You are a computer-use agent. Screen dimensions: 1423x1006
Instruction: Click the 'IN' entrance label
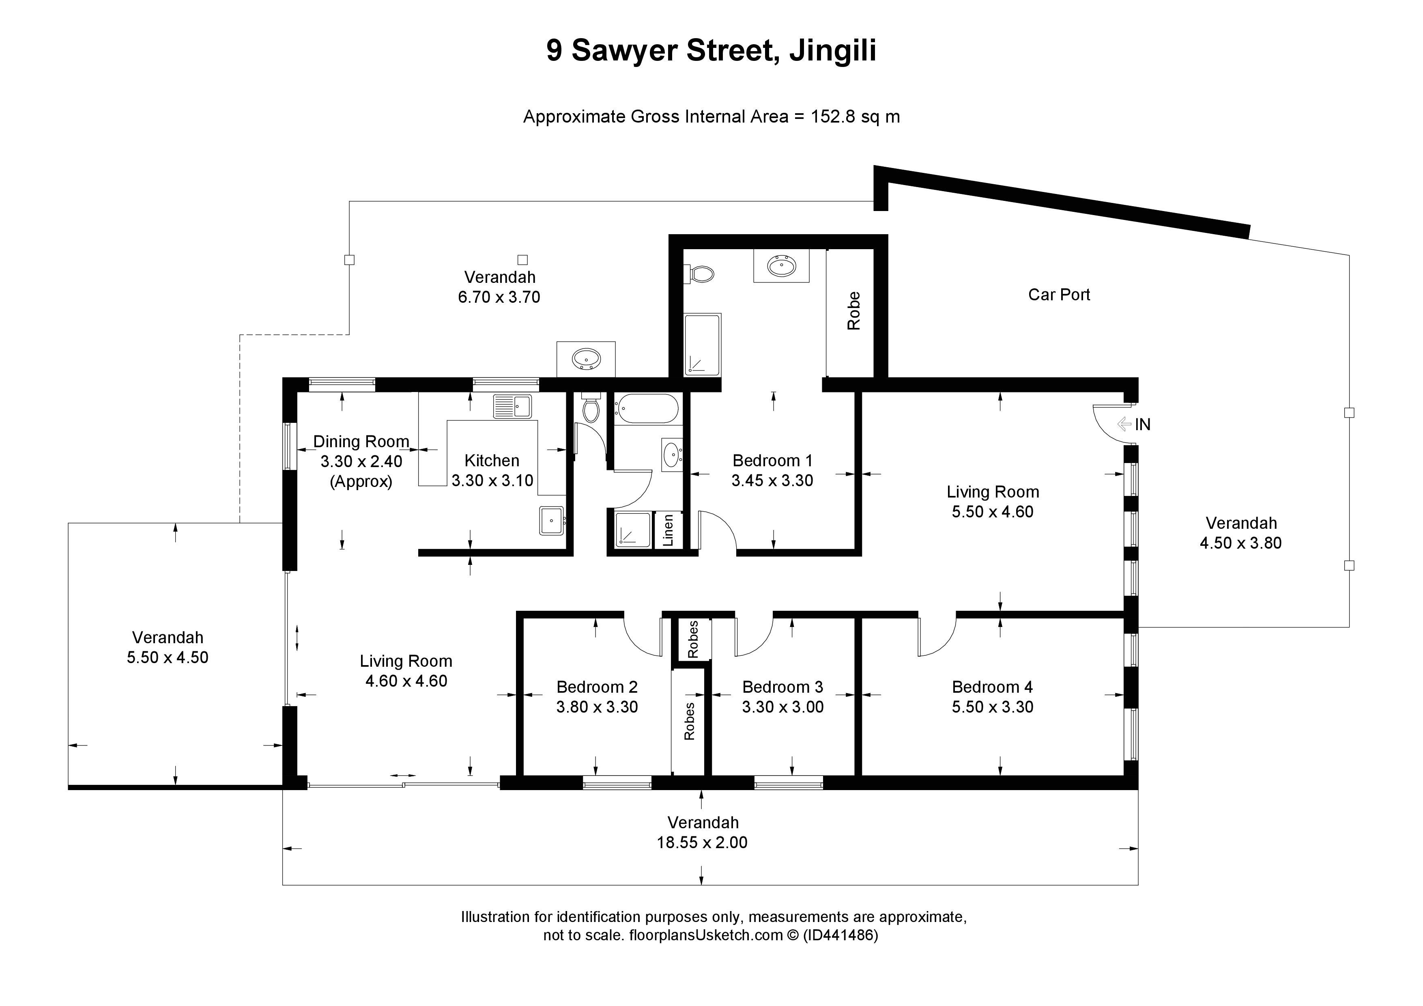coord(1143,424)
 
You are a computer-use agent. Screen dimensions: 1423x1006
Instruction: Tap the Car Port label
coord(1059,295)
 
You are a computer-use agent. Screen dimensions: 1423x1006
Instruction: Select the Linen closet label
coord(668,530)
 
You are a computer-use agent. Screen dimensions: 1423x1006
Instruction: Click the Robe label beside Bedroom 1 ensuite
coord(854,310)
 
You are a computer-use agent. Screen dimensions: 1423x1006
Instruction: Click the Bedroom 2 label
coord(597,687)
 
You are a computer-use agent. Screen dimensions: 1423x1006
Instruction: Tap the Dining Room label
coord(361,442)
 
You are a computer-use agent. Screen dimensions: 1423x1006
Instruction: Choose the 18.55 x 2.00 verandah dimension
coord(702,843)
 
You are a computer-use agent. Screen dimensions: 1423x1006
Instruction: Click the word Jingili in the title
coord(832,51)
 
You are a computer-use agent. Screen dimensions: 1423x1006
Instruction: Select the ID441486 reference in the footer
coord(840,935)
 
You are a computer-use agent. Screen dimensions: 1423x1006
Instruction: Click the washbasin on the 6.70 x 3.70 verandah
coord(586,359)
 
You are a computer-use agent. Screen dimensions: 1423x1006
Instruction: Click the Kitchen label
coord(492,461)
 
